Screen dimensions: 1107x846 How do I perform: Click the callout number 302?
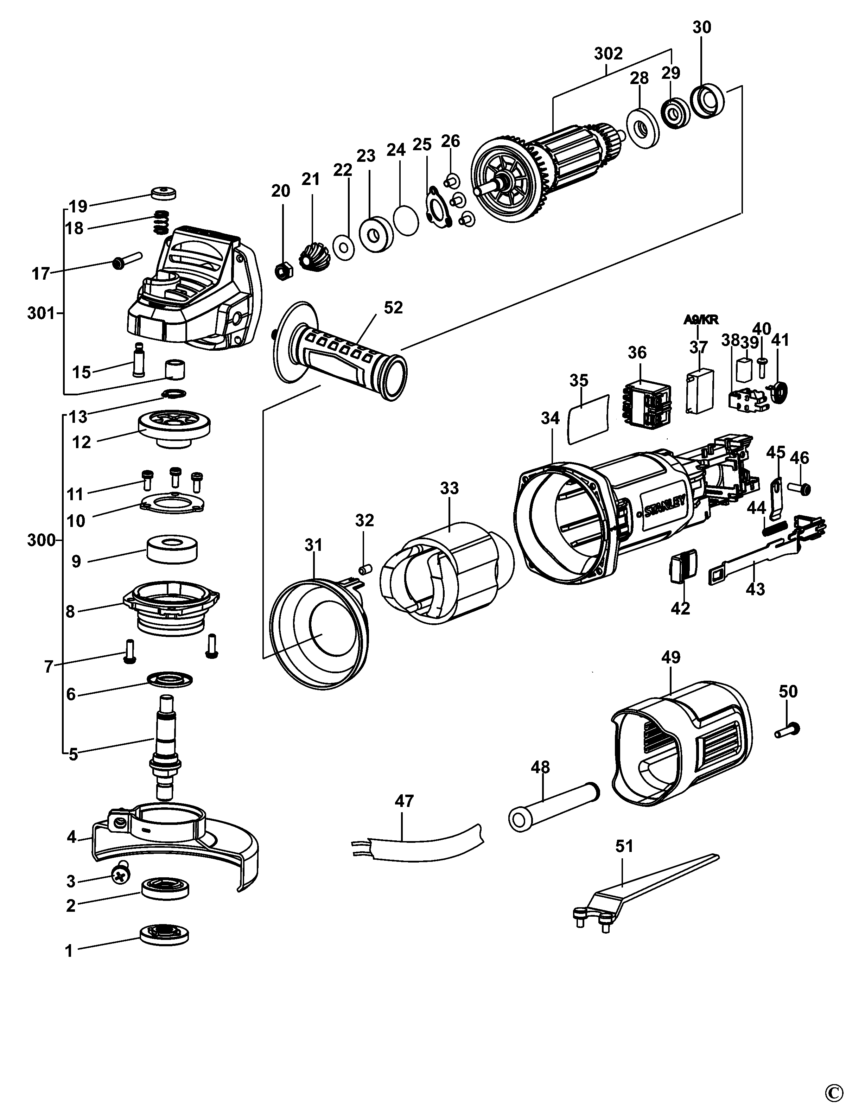pos(608,54)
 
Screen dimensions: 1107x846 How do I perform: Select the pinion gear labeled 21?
pos(313,255)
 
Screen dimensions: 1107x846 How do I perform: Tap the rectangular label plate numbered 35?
pos(588,419)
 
